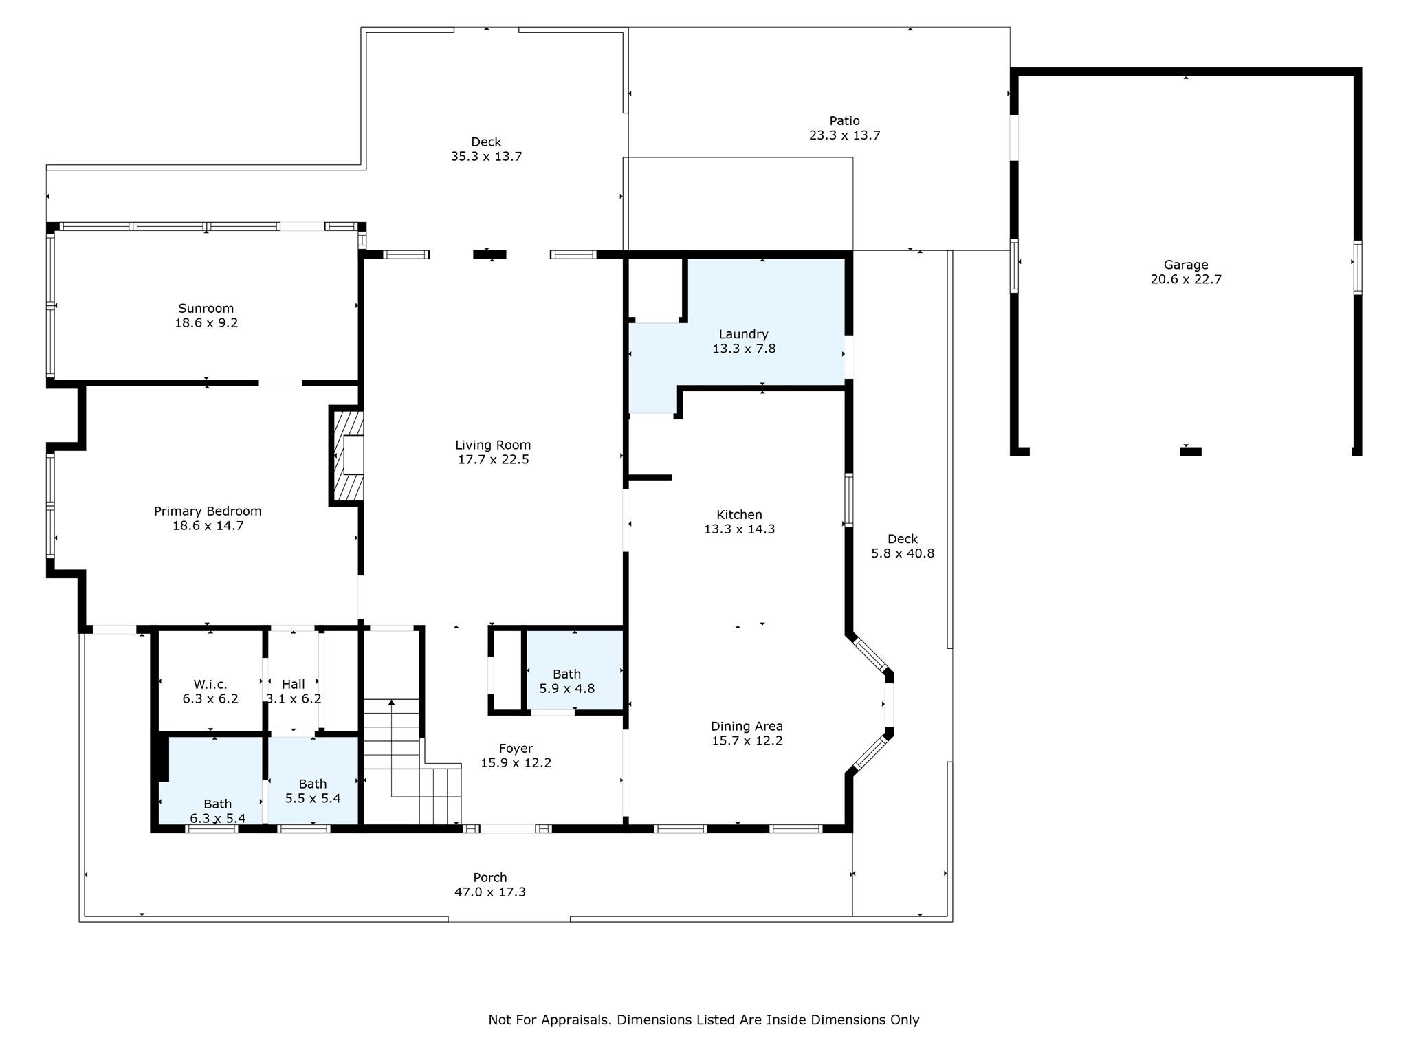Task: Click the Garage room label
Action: [1185, 265]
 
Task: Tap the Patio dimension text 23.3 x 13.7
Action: [844, 135]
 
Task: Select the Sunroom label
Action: [206, 308]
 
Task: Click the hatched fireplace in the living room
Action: [348, 456]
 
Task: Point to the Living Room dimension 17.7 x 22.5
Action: [494, 460]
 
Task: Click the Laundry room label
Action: [743, 334]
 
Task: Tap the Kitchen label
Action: [739, 514]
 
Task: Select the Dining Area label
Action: [747, 726]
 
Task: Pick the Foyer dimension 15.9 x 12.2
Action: [516, 763]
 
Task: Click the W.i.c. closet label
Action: [210, 684]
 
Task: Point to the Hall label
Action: [294, 684]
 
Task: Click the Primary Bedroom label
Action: [208, 511]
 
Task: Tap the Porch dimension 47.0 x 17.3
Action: [490, 892]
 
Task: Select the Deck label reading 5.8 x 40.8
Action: [903, 539]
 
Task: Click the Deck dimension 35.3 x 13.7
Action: [486, 157]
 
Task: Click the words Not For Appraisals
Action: [549, 1020]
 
